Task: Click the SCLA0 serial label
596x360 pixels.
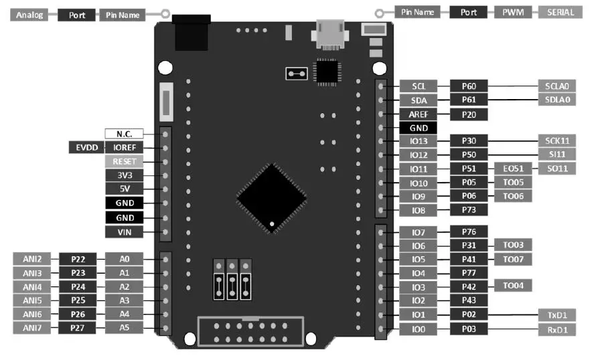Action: pos(556,86)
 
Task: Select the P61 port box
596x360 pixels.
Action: pos(469,100)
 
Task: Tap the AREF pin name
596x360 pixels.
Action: pos(419,114)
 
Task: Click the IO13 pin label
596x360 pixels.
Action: pos(419,141)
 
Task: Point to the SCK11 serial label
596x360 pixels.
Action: pos(556,141)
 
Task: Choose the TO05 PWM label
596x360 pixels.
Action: pos(513,183)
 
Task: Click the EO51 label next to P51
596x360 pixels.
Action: pos(513,169)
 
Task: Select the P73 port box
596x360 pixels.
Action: pos(469,210)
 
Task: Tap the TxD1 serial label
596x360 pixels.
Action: pos(556,314)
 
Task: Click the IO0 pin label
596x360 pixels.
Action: pos(419,329)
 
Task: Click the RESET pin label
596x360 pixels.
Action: pos(124,161)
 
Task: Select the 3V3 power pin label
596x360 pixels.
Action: pos(124,175)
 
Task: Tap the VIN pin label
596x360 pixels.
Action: pos(124,232)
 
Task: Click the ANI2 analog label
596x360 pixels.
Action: pos(32,259)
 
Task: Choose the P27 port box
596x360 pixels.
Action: pos(78,328)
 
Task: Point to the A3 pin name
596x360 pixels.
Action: pos(124,300)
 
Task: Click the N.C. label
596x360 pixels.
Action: pos(124,134)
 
